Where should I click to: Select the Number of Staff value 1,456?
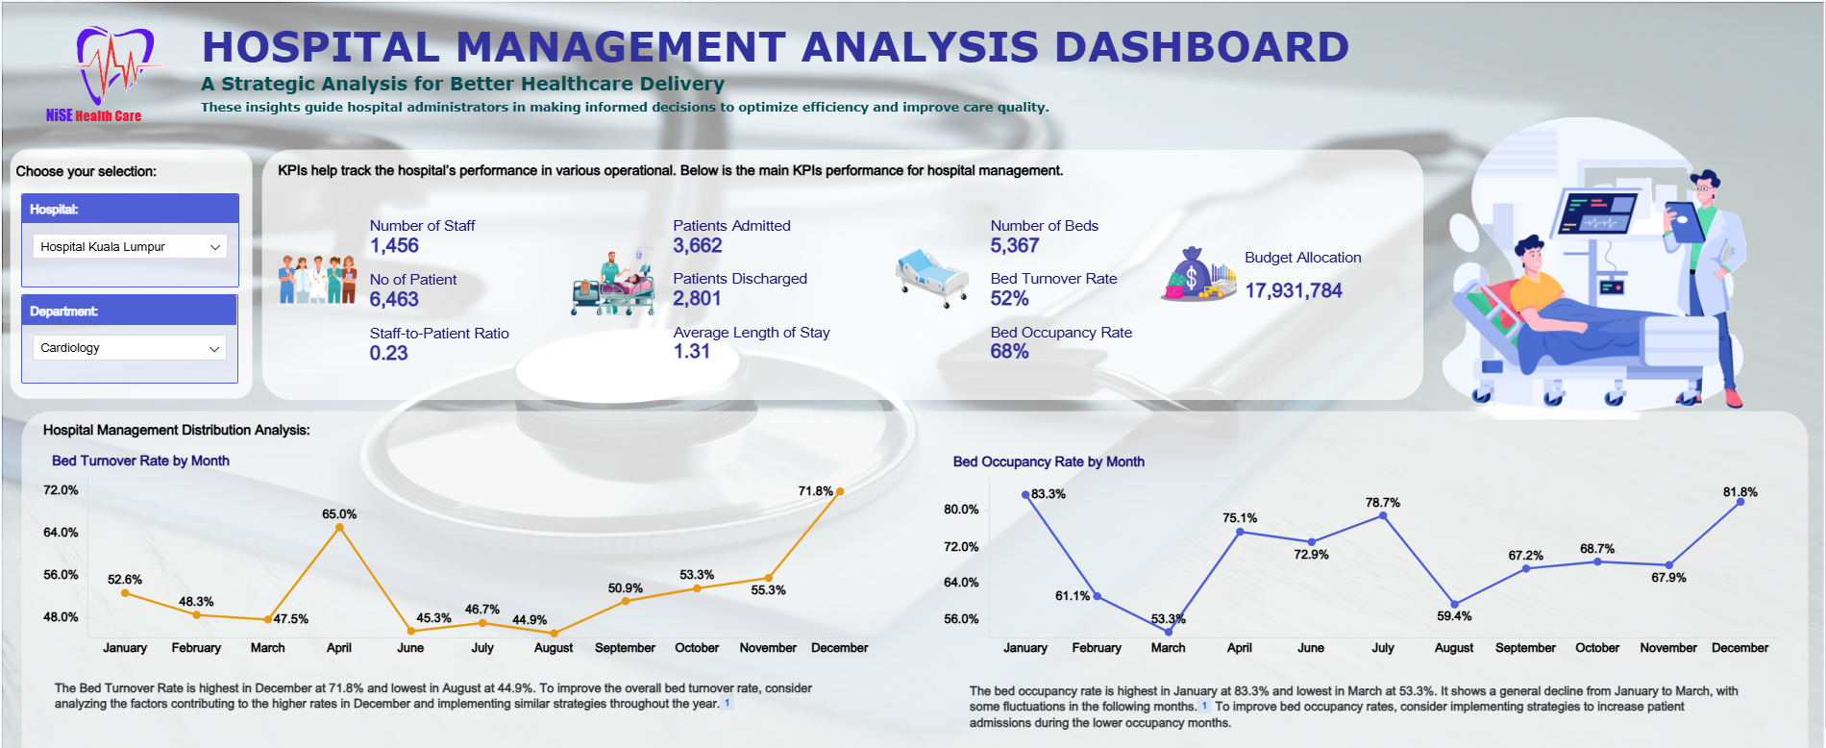tap(394, 246)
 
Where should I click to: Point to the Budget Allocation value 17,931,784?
tap(1294, 290)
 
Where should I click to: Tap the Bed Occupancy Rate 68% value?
tap(1009, 352)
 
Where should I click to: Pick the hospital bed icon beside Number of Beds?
tap(930, 277)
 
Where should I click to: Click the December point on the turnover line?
tap(840, 491)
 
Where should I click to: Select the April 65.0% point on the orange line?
tap(339, 527)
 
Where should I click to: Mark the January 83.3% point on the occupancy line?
tap(1025, 495)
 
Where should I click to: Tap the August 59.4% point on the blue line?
tap(1454, 605)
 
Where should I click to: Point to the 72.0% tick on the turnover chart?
tap(61, 490)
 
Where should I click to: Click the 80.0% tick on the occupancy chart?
tap(961, 510)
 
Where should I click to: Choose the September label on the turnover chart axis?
tap(625, 648)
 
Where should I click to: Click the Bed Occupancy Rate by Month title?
tap(1049, 462)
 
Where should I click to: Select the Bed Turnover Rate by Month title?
tap(140, 461)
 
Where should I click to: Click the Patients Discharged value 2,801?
tap(697, 299)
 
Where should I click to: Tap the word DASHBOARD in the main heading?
tap(1201, 47)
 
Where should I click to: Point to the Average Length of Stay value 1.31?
tap(692, 352)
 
